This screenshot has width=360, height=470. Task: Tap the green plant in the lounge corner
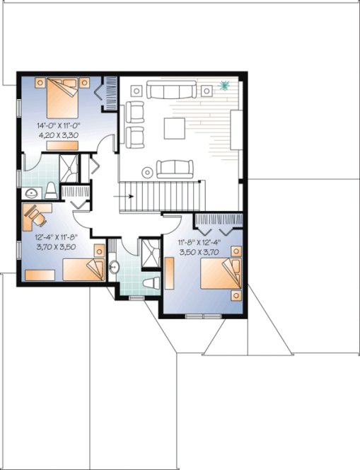click(226, 87)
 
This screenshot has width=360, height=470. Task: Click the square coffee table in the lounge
click(175, 128)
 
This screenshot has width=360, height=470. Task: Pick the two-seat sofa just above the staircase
click(175, 168)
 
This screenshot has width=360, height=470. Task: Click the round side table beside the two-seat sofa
click(147, 171)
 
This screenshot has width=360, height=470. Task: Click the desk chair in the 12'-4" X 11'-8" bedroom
click(33, 212)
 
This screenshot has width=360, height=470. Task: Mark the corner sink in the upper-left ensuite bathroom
click(31, 193)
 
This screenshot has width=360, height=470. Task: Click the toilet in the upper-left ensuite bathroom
click(51, 190)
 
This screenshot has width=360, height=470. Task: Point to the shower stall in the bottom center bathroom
click(150, 253)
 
